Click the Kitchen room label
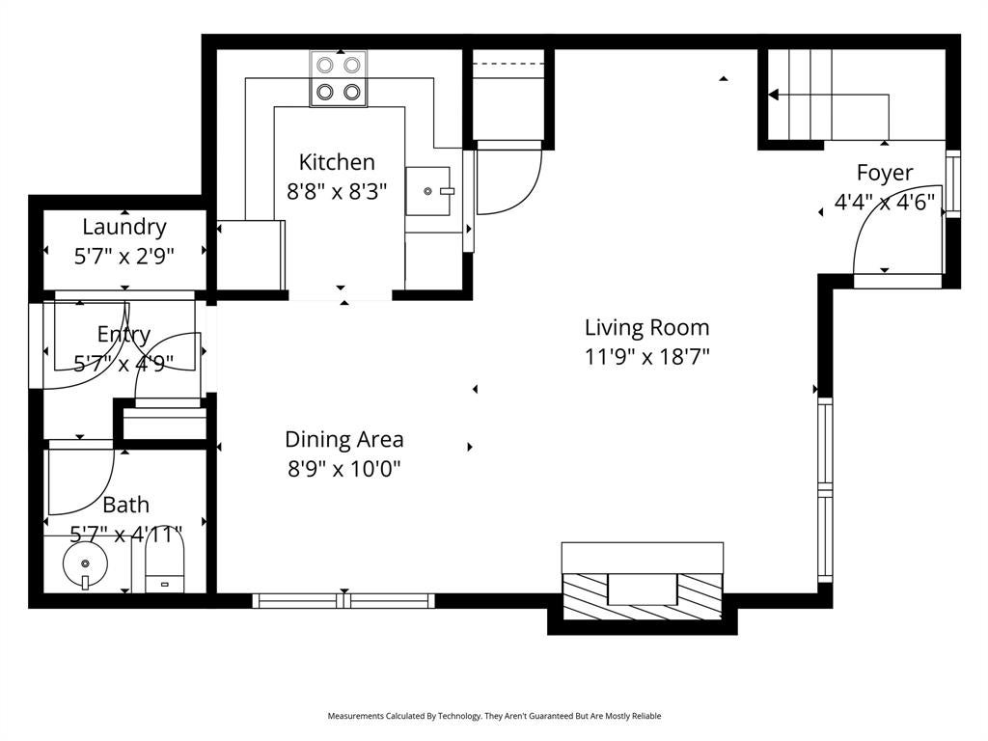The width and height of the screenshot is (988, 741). [337, 162]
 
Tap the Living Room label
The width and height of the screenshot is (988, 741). [647, 328]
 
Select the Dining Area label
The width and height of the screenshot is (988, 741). [344, 439]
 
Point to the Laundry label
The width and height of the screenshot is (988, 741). [124, 227]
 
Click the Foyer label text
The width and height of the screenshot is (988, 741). [885, 173]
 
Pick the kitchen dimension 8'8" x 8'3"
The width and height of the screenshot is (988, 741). [337, 192]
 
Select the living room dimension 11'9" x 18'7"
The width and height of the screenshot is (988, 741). [647, 357]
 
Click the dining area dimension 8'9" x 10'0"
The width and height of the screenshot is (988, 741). [344, 469]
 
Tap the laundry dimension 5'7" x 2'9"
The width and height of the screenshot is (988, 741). [124, 257]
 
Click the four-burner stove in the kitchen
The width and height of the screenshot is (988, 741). [339, 79]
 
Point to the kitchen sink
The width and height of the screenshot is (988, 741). [428, 191]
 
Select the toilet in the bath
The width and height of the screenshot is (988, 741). [164, 563]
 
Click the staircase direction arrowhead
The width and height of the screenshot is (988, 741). [774, 96]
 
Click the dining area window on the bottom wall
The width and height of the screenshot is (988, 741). [343, 600]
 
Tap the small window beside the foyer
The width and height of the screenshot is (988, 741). [952, 184]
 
